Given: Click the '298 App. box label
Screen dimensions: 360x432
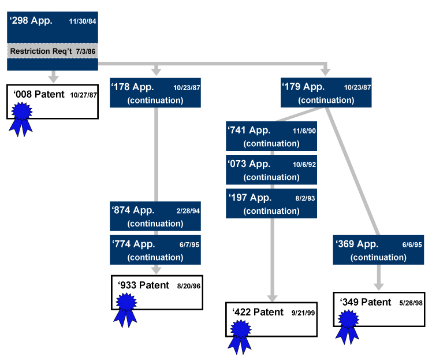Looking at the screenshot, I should click(31, 21).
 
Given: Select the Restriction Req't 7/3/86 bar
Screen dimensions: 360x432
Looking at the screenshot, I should click(53, 51).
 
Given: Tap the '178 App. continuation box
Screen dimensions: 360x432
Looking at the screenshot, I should click(155, 92).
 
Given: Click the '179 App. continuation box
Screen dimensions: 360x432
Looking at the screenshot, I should click(326, 92).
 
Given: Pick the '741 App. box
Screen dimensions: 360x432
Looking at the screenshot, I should click(271, 136).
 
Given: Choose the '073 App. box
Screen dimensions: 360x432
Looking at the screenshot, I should click(271, 170).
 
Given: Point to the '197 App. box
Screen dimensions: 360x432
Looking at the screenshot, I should click(271, 203).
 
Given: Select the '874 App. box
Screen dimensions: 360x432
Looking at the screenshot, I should click(155, 216).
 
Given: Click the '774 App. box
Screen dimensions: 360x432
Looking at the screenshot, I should click(155, 250).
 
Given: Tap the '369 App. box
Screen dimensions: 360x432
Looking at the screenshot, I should click(378, 250).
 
